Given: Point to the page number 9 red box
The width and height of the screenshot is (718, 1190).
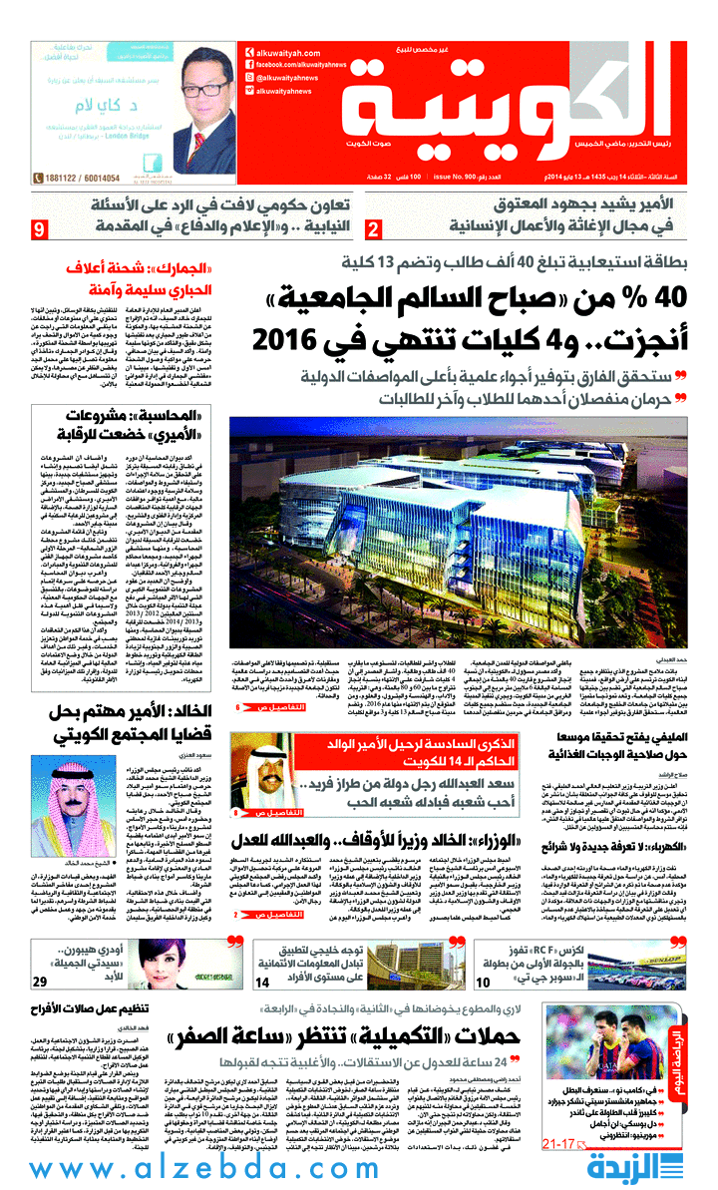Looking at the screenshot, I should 40,231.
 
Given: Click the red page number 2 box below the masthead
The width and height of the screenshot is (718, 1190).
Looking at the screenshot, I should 372,231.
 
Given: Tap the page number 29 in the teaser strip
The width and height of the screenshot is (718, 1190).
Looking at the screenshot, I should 41,981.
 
